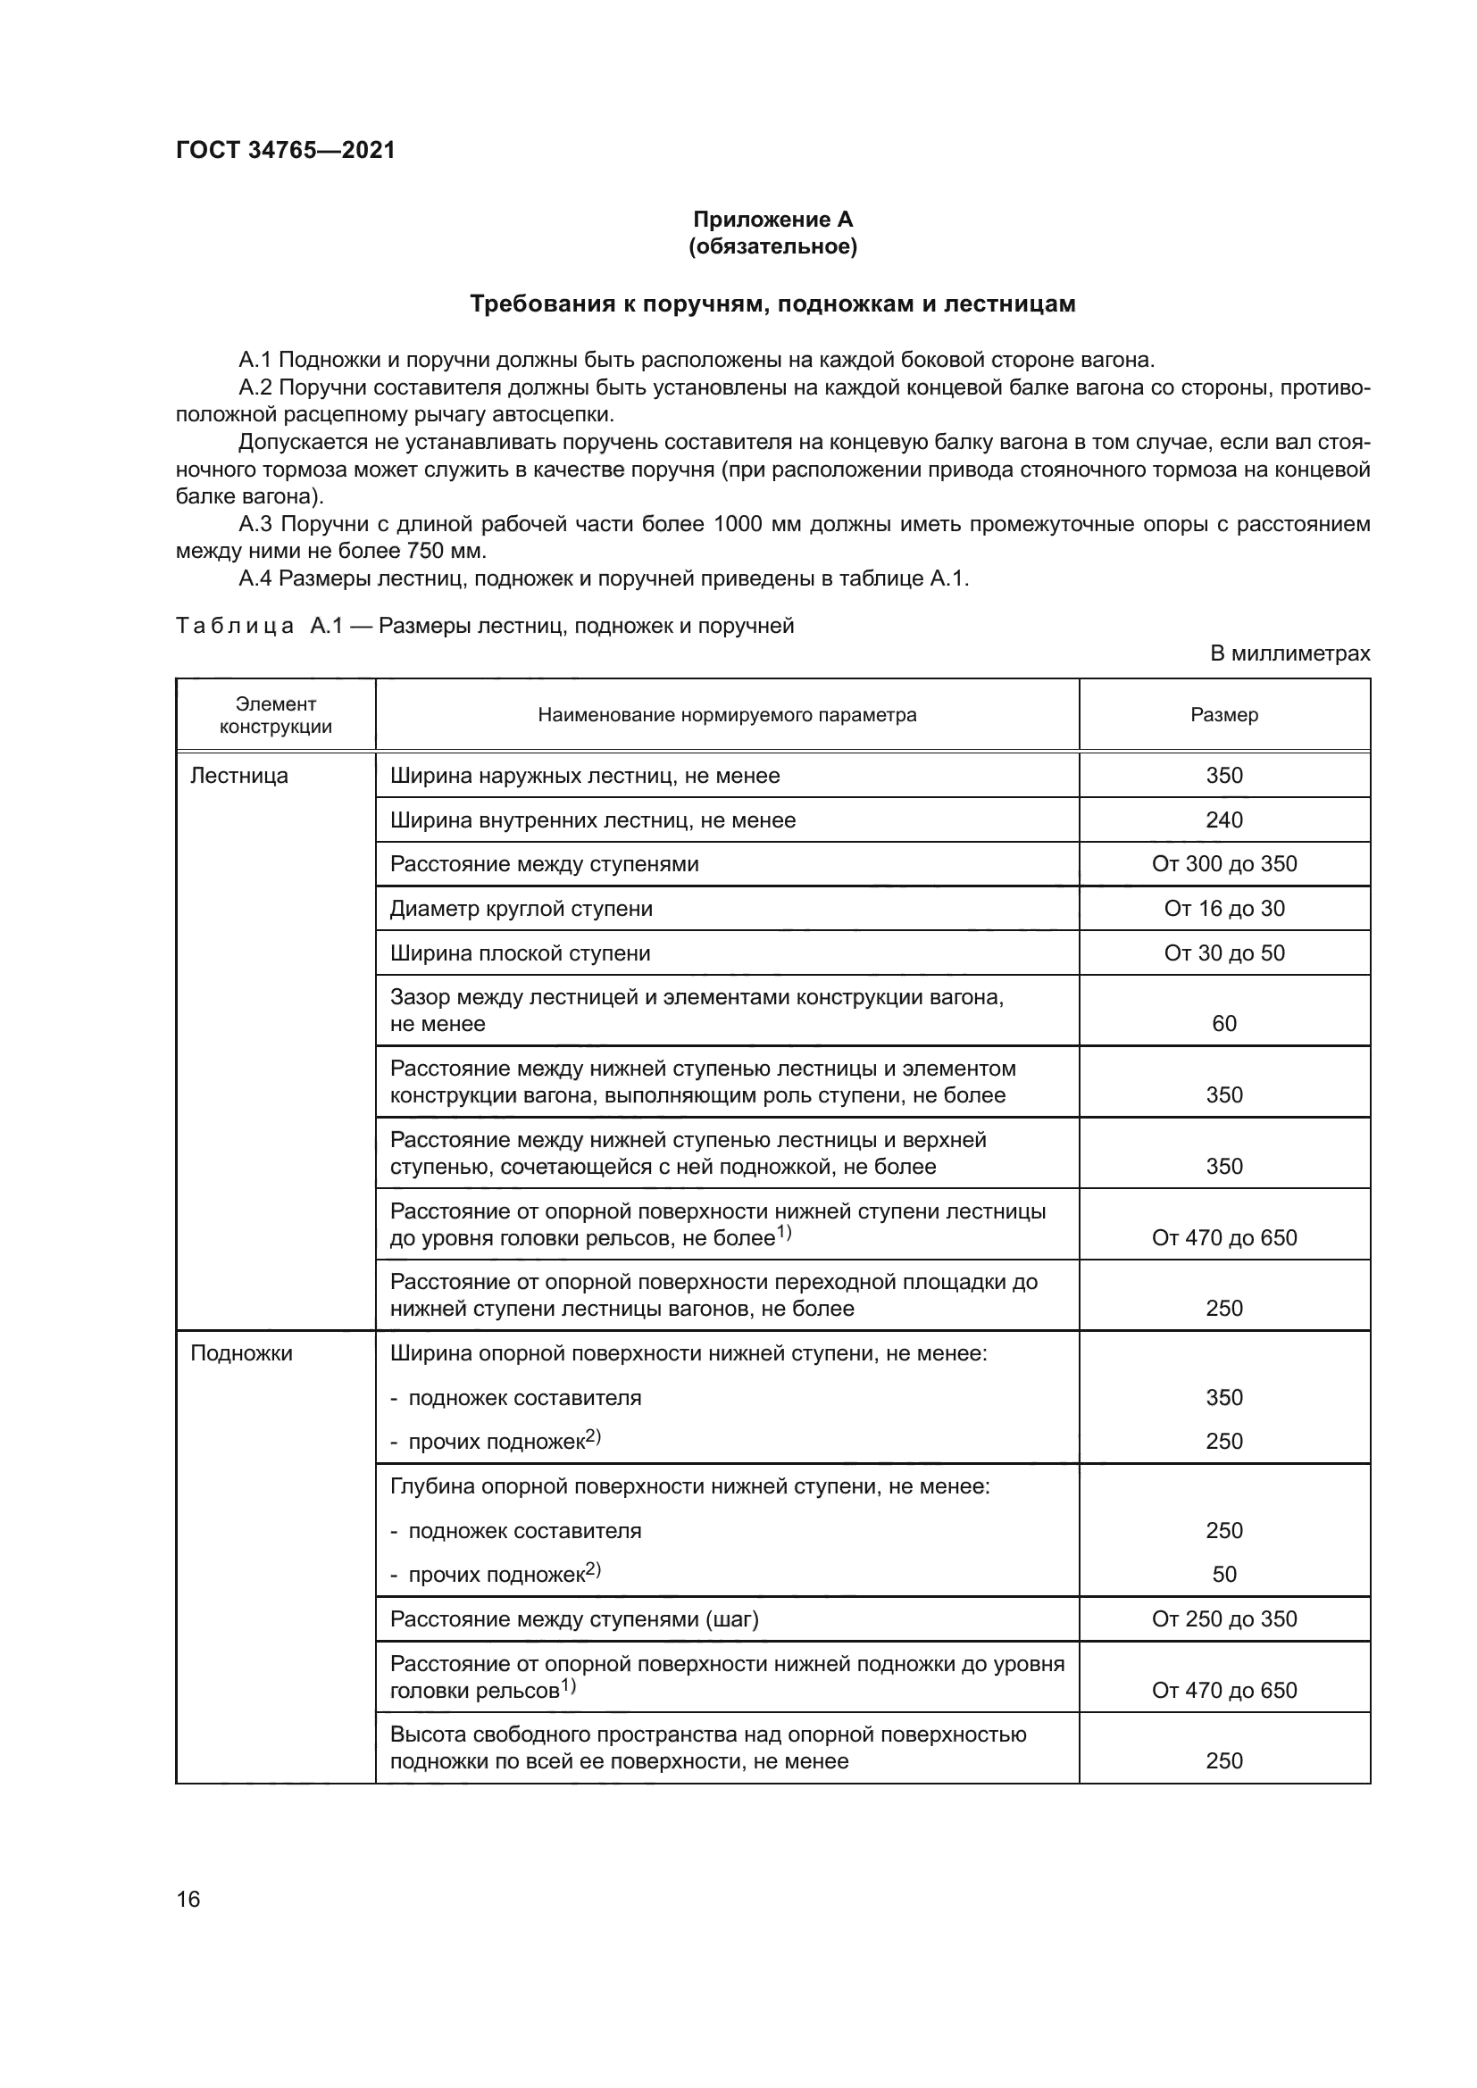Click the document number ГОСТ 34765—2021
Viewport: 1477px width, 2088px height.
click(286, 150)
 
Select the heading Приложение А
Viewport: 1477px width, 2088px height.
click(772, 220)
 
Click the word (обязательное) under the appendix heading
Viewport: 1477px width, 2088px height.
click(772, 246)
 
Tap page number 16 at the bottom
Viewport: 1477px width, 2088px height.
click(188, 1899)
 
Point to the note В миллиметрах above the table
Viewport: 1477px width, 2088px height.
click(1289, 653)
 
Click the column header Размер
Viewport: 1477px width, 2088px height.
click(1223, 715)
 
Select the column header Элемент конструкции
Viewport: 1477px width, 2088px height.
click(276, 715)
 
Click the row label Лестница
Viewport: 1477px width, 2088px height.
click(239, 776)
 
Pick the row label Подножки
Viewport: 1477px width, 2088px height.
click(242, 1353)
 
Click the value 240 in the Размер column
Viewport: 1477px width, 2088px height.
click(1223, 820)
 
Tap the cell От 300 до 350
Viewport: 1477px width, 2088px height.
click(1223, 864)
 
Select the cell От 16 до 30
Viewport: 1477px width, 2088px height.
click(1223, 909)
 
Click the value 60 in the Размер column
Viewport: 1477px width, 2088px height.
click(1223, 1023)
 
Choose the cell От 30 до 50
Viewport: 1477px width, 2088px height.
click(1223, 953)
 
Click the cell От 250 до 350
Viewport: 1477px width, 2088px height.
click(1223, 1618)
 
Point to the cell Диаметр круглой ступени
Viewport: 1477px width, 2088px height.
click(522, 909)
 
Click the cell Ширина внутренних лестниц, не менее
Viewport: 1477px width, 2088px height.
click(592, 820)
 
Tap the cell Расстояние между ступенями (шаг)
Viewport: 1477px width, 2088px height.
click(574, 1618)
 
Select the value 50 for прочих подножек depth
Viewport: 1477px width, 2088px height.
click(1223, 1574)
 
